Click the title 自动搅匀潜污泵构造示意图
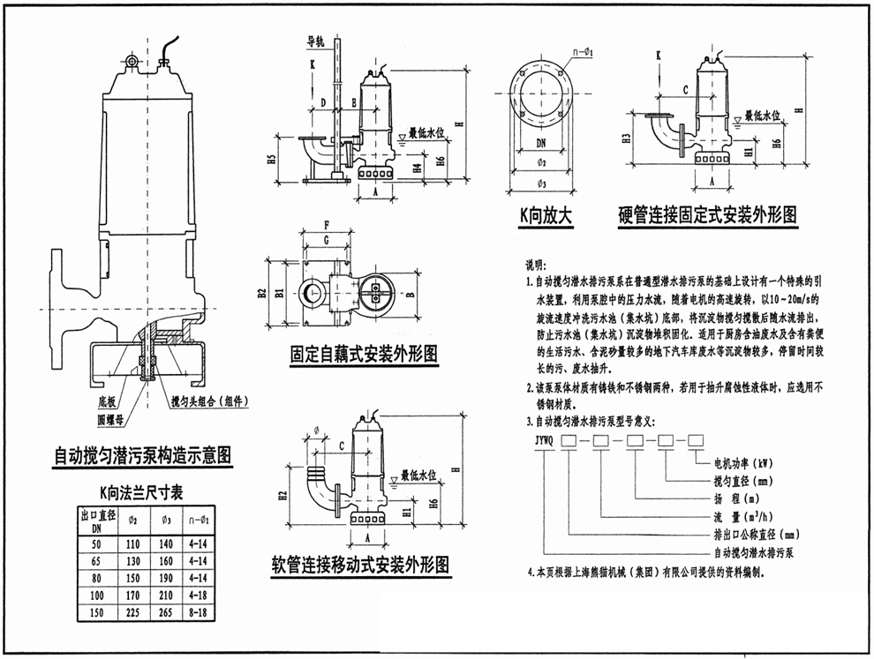click(x=141, y=455)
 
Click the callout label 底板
click(x=105, y=400)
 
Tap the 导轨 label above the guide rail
click(x=315, y=41)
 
